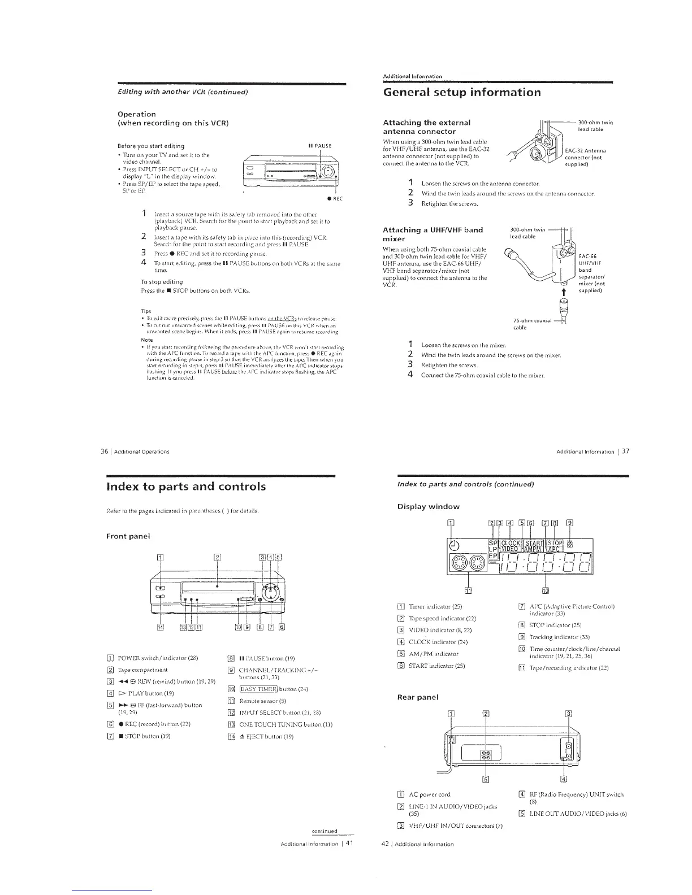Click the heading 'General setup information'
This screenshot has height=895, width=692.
[x=461, y=92]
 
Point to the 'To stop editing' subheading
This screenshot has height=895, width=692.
[x=162, y=281]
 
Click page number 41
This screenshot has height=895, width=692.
[x=349, y=844]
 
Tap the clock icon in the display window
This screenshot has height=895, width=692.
[x=454, y=545]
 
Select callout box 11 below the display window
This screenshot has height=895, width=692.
[x=468, y=591]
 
